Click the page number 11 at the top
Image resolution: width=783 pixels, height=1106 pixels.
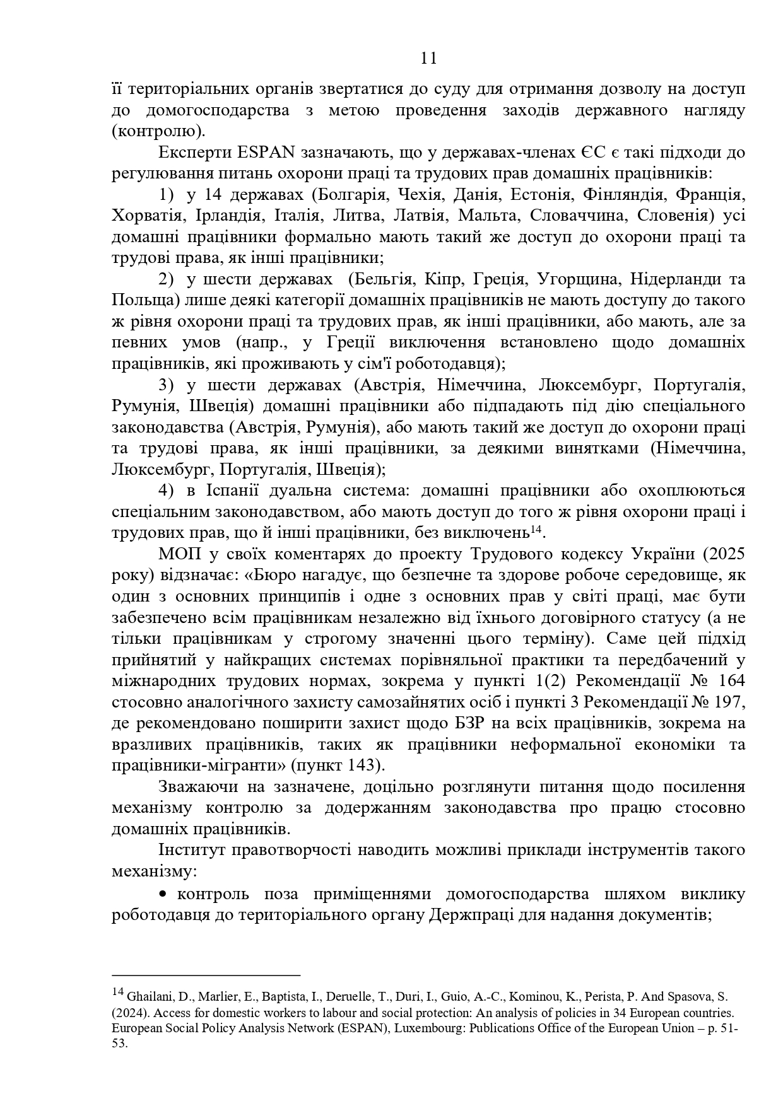point(428,59)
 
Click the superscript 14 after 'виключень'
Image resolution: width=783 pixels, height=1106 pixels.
point(536,530)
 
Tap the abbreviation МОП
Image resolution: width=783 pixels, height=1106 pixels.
point(177,554)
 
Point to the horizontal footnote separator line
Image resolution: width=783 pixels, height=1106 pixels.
point(206,975)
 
